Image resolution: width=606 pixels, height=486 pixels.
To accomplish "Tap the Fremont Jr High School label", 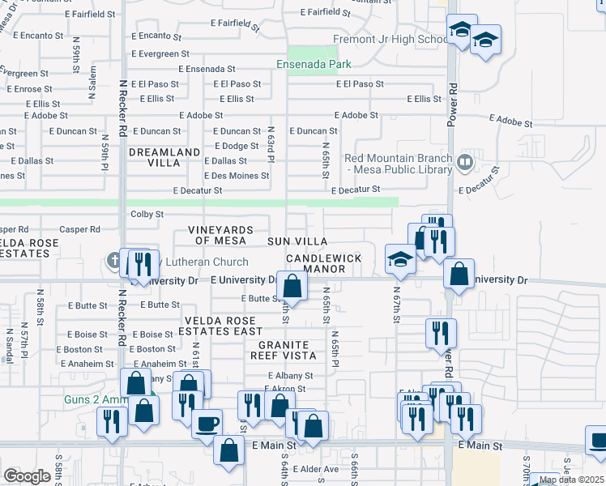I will (x=390, y=39).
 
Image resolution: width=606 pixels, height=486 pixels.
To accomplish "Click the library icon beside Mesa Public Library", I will (x=464, y=162).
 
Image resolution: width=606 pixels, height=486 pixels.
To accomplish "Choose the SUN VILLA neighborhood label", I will (x=298, y=241).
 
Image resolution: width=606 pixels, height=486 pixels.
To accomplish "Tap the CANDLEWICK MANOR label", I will (x=323, y=263).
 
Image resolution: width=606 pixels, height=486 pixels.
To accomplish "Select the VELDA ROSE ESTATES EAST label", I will (x=220, y=326).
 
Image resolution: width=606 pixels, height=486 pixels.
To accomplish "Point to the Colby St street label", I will (x=147, y=215).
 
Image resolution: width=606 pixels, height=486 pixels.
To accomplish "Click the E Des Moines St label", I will (x=237, y=176).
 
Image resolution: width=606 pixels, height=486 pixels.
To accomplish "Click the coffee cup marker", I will (x=207, y=423).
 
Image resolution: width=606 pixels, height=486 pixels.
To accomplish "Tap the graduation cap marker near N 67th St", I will (x=400, y=258).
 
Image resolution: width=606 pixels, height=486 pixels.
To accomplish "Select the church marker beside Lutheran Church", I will (x=114, y=261).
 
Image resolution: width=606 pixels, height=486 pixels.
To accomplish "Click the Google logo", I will (x=27, y=476).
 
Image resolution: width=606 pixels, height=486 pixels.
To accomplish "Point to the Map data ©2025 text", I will (x=572, y=480).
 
